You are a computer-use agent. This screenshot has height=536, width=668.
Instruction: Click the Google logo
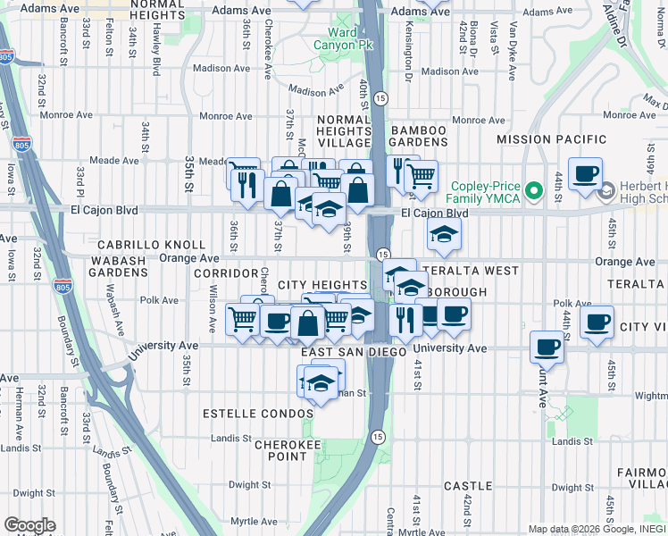point(29,525)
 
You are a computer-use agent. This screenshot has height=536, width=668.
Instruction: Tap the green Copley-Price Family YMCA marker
point(535,190)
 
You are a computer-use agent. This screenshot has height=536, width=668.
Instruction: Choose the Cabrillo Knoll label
point(151,244)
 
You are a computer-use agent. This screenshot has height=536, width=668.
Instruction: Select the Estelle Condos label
point(258,414)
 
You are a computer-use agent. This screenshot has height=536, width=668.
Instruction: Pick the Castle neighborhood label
point(468,486)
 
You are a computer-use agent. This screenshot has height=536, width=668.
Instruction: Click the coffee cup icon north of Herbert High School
point(585,173)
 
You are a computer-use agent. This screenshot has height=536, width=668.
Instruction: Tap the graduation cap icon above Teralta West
point(442,235)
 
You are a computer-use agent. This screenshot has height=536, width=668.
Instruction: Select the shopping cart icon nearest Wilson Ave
point(242,318)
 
